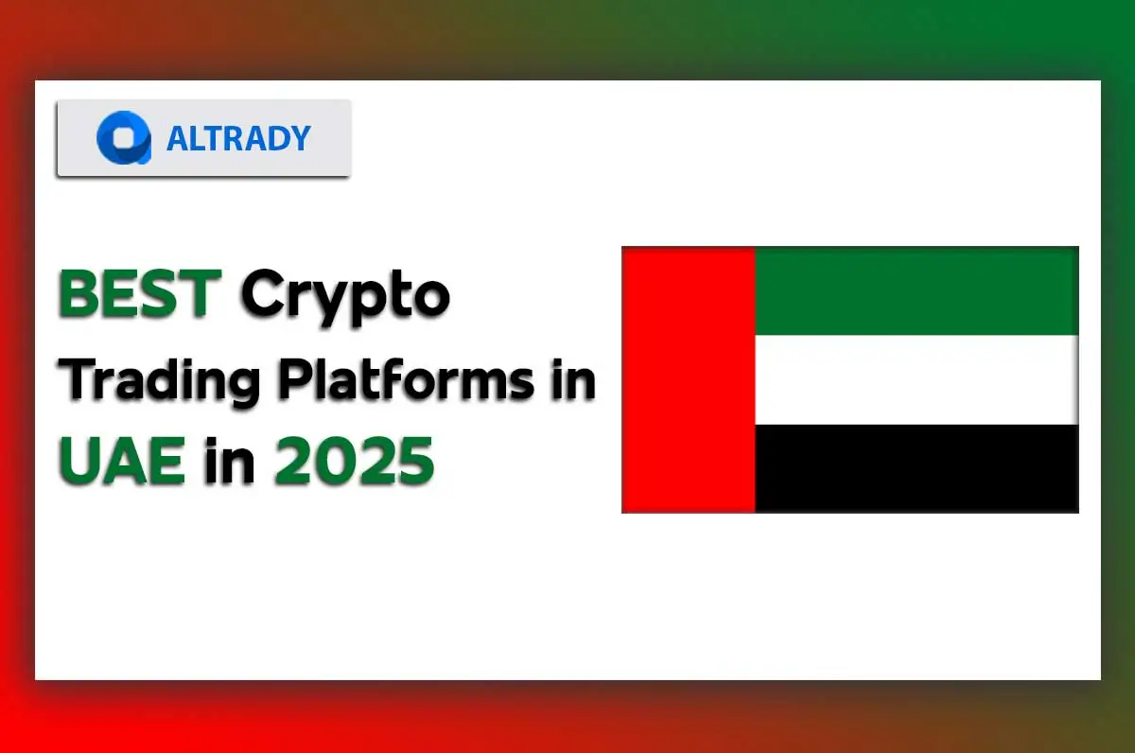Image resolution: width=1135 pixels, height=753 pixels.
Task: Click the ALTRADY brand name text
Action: pos(238,138)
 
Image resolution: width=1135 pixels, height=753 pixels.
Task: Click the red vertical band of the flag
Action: pos(689,379)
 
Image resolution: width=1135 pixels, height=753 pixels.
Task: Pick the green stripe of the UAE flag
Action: pos(916,290)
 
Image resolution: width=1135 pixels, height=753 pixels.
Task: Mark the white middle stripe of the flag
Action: pos(916,379)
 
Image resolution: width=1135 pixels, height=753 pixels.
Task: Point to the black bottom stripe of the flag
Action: pos(916,468)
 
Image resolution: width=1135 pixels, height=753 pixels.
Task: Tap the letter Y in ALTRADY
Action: pos(299,138)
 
